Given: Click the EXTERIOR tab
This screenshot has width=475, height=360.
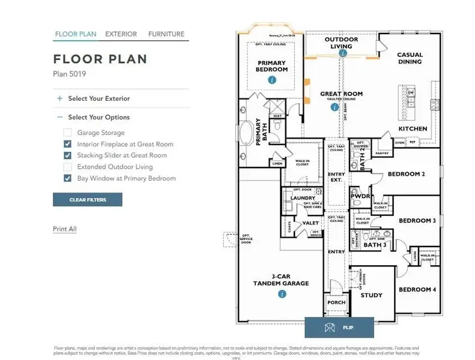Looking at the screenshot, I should (x=121, y=34).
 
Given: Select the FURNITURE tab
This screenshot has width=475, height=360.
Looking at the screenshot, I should (x=166, y=34).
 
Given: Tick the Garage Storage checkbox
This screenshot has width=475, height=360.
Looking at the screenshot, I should (x=68, y=133).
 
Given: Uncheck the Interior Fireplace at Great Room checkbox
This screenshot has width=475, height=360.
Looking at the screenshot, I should (x=68, y=144).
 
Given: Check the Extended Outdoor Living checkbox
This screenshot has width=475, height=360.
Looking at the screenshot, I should (x=68, y=167).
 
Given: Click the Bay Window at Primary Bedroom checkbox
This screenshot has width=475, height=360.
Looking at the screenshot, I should (x=68, y=178).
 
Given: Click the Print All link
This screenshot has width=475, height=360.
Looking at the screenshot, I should (x=65, y=229).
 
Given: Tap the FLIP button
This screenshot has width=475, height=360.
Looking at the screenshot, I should (x=339, y=328).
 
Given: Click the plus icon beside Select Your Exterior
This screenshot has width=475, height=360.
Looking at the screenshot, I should (x=59, y=98).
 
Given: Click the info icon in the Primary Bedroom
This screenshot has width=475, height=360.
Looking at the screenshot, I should (x=272, y=80).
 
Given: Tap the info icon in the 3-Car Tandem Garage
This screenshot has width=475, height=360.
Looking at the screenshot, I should (x=282, y=294).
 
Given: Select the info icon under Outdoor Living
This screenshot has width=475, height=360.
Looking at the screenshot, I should (x=343, y=53).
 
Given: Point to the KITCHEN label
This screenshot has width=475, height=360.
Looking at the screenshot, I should (x=413, y=129).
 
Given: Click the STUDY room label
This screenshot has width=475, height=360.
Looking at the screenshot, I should (x=371, y=295).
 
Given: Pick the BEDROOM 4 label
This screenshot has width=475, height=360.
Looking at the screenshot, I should (x=417, y=290).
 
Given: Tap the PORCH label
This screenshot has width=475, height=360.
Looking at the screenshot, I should (x=336, y=302).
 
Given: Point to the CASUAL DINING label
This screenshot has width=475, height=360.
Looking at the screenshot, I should (x=410, y=58).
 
